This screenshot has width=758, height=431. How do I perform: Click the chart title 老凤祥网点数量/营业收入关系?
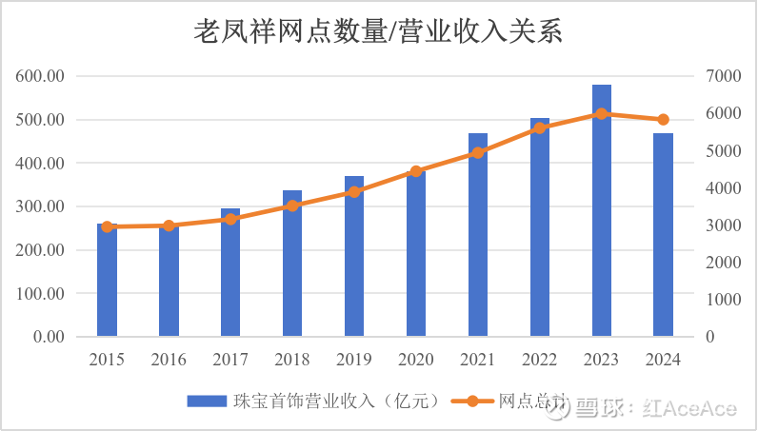(379, 31)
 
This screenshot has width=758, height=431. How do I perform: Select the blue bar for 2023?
(602, 209)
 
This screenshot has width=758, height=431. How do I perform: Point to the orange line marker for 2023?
(602, 113)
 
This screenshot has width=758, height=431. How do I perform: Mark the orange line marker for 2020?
(416, 171)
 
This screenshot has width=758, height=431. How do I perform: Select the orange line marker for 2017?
(230, 219)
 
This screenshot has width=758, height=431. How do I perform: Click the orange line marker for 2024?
(663, 120)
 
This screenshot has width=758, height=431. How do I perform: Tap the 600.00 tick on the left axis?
(40, 76)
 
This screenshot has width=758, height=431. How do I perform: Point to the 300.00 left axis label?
(40, 206)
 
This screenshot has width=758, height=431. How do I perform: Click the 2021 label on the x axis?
(478, 360)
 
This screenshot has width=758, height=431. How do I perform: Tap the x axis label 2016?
(169, 360)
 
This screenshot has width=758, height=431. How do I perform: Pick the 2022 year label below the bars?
(540, 360)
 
